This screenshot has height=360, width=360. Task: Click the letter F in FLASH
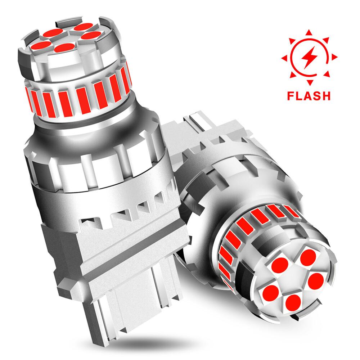point(291,96)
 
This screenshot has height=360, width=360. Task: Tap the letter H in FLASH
point(326,96)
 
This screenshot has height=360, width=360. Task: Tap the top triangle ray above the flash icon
point(309,33)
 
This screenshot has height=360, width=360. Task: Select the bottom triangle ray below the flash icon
point(310,82)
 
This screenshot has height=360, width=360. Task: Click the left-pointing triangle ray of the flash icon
point(284,58)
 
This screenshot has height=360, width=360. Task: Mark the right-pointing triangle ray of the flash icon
point(334,57)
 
